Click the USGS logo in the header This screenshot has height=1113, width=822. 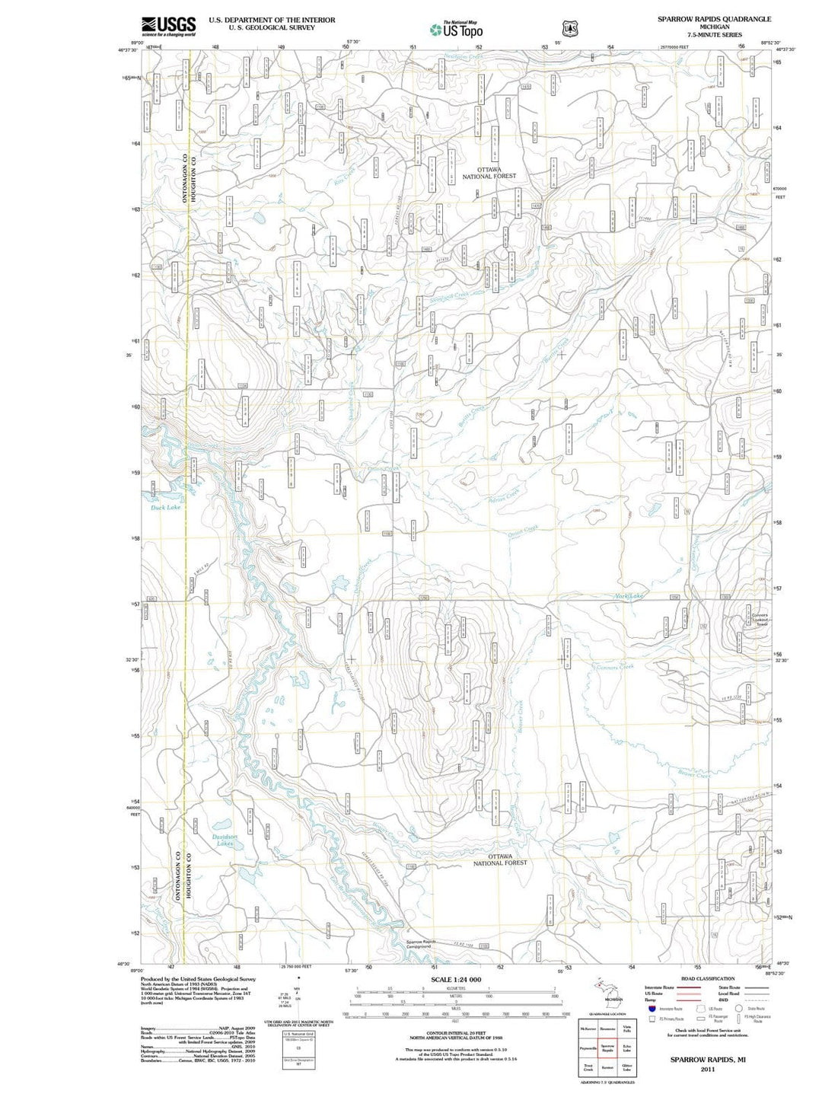[x=168, y=27]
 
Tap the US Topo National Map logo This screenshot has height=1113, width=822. [x=456, y=30]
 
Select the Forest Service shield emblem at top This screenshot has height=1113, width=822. [x=569, y=29]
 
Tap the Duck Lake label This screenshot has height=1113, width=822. [x=165, y=507]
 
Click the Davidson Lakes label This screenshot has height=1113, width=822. [x=225, y=840]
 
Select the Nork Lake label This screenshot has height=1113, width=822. [x=629, y=596]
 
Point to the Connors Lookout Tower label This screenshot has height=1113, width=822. [x=759, y=620]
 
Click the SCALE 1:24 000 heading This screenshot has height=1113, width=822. [x=456, y=980]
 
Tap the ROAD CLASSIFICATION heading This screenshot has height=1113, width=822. [x=708, y=978]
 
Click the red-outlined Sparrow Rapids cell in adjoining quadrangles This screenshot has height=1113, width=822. [x=607, y=1048]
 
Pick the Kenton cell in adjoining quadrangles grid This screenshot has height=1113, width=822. [x=607, y=1067]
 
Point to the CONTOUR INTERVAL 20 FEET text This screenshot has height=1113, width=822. [x=456, y=1033]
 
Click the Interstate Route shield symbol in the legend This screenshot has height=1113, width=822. [x=652, y=1009]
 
